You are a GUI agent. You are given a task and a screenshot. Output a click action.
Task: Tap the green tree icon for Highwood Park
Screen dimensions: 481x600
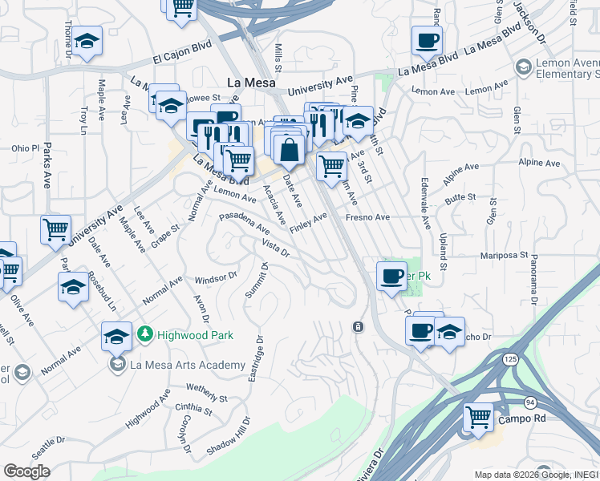[144, 333]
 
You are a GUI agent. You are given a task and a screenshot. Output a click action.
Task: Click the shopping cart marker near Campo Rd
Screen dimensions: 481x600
[479, 417]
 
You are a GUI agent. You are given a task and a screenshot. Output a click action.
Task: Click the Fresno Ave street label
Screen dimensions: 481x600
[367, 217]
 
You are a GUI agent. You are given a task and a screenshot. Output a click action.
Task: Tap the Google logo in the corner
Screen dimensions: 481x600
[26, 471]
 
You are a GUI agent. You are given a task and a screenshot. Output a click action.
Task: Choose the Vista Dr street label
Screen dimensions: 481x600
[275, 246]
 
